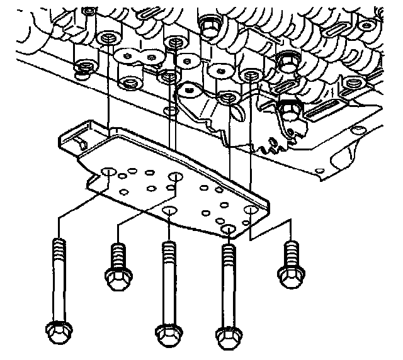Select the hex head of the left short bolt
pos(118,279)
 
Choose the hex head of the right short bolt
pos(290,276)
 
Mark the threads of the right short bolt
pos(290,251)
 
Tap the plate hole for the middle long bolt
pos(169,210)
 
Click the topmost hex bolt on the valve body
pos(208,24)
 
